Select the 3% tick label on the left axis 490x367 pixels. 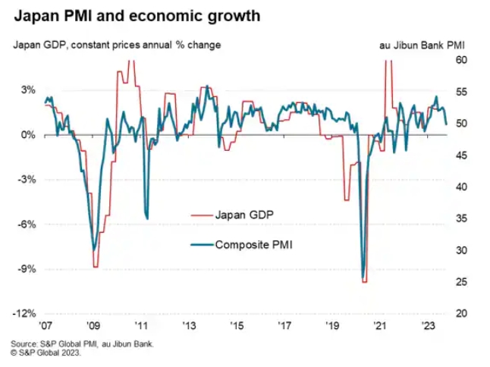click(x=26, y=89)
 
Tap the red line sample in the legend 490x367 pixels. click(x=199, y=215)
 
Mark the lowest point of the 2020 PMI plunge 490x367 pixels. click(x=363, y=277)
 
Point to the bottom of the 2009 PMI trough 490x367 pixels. click(x=93, y=249)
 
